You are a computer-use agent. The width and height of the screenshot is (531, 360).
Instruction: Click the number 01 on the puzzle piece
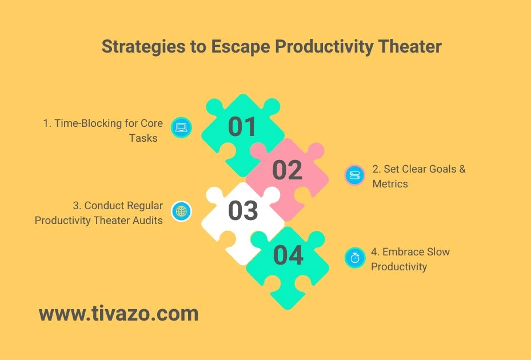[x=242, y=127]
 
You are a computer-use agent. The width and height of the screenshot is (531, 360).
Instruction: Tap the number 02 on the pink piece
[x=287, y=170]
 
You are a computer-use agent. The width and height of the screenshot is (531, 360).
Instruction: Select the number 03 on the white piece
[x=243, y=211]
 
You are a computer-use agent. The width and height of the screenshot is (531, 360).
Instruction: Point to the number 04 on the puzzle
[x=288, y=255]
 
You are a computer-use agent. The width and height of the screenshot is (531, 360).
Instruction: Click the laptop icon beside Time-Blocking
[x=182, y=127]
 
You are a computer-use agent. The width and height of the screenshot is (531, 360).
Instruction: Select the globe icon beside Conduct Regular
[x=182, y=211]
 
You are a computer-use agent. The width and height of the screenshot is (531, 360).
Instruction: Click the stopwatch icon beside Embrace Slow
[x=354, y=258]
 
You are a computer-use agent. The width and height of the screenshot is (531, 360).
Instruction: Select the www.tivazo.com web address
[x=119, y=313]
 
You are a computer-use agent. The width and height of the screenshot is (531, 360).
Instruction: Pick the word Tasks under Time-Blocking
[x=143, y=138]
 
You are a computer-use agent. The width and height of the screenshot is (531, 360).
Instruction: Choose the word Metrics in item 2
[x=390, y=183]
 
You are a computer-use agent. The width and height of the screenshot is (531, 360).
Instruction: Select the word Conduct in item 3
[x=105, y=206]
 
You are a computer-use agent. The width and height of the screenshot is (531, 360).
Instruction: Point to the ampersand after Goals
[x=462, y=169]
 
